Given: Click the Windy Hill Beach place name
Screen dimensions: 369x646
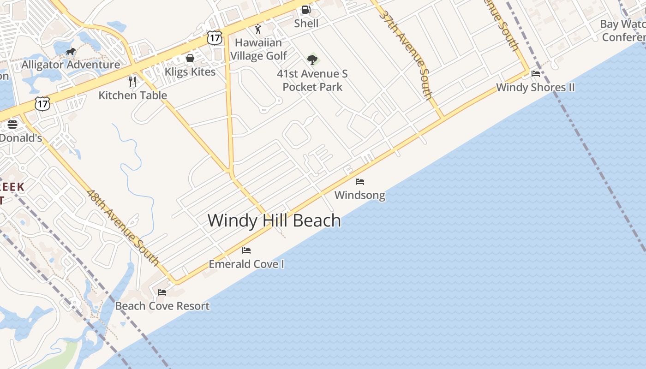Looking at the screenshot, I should [274, 220].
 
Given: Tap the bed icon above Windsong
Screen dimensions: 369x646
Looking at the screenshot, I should [360, 182].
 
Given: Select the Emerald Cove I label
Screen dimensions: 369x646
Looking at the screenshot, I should [246, 264].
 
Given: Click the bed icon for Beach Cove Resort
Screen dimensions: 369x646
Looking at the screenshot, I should [162, 292].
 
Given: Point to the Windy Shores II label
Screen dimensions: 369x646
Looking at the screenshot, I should [535, 87].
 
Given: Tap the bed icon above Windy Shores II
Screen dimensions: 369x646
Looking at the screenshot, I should [536, 74].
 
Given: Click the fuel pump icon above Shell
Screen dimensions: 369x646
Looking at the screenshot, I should [306, 10].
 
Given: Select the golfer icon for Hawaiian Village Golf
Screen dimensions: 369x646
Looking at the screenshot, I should [258, 30].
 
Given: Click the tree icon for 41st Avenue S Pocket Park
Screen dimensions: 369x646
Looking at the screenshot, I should [312, 60].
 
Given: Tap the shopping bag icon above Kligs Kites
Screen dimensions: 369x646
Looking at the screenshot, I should [190, 58].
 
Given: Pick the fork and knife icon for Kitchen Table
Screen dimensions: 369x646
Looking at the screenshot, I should [132, 82].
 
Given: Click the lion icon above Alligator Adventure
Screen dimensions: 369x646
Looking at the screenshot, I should [70, 52].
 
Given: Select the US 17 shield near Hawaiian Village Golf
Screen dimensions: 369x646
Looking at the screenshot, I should [215, 38].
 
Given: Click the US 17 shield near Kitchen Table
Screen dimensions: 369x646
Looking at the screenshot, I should [42, 104].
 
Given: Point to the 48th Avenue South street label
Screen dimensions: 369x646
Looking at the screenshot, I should [123, 228].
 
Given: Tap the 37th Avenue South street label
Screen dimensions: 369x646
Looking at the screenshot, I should [406, 54].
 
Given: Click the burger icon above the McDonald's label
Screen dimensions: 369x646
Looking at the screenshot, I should [12, 125].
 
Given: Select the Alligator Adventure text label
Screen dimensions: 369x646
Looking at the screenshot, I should [71, 65].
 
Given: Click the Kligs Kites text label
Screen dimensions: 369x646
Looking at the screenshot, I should [190, 72].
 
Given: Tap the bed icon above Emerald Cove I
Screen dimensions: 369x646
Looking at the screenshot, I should [246, 250].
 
